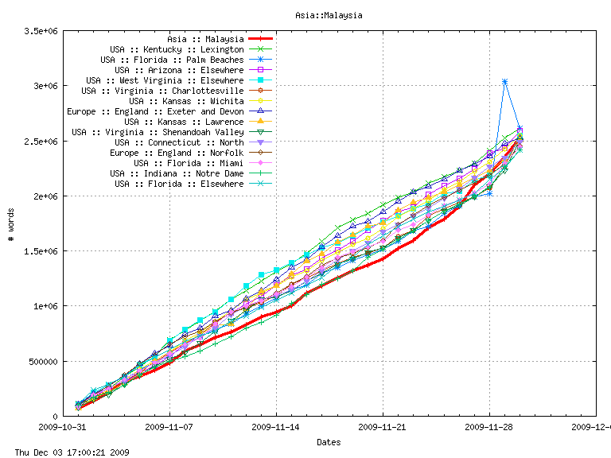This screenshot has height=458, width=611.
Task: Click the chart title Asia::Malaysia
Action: pos(329,15)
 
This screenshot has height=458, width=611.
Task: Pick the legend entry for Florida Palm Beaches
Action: pos(172,60)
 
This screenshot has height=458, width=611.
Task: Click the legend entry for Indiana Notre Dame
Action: pos(177,173)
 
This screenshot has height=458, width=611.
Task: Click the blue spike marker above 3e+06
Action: pos(504,81)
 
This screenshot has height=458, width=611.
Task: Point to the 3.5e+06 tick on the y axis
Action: pos(42,30)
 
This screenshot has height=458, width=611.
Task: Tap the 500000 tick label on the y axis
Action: pos(45,361)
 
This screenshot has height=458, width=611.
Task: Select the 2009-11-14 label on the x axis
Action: pos(276,426)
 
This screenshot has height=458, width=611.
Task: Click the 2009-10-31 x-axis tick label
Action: pos(63,426)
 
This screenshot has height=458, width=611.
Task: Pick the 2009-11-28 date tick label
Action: pos(489,426)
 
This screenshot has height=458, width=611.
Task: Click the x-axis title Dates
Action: pos(329,441)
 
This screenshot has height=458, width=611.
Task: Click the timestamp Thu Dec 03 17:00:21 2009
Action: pos(67,452)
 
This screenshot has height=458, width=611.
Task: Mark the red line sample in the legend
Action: pos(261,39)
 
